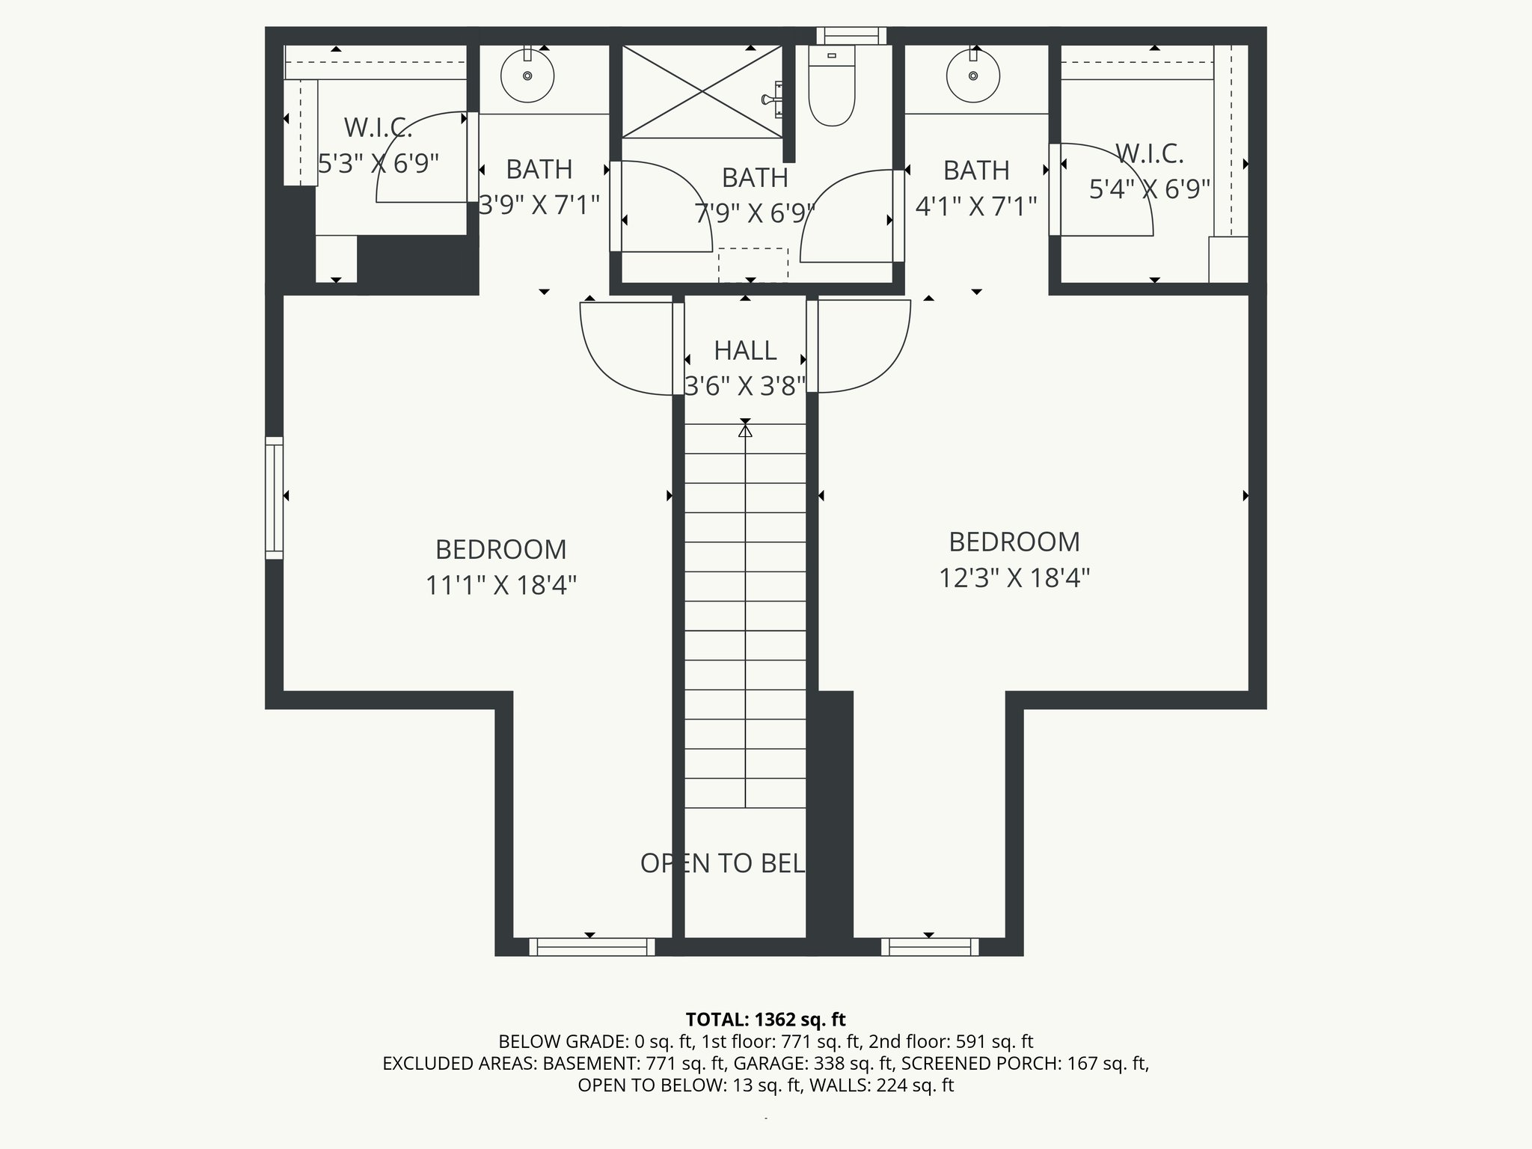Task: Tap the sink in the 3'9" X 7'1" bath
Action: pos(527,76)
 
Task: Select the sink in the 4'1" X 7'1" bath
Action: pos(973,76)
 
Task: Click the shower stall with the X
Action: pos(702,92)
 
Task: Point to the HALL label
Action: pos(745,350)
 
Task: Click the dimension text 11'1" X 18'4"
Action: pos(500,585)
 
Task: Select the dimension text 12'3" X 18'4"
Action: pos(1014,577)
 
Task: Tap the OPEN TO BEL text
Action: pos(723,863)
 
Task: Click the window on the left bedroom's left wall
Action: pos(275,497)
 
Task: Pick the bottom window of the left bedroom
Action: pos(592,947)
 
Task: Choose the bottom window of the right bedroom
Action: pos(930,947)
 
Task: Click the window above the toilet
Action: pos(851,36)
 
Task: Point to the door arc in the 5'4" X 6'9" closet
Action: pos(1115,187)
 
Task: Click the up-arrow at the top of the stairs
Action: pos(745,432)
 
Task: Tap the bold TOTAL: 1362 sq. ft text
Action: pos(765,1019)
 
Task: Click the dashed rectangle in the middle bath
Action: pos(753,265)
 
